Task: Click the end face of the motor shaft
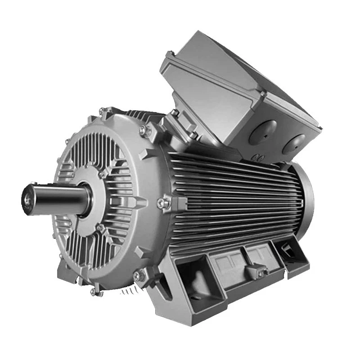coord(28,198)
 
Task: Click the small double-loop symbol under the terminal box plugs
coord(258,158)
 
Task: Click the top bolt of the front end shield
coord(143,130)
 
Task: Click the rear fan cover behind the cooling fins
coord(306,193)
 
